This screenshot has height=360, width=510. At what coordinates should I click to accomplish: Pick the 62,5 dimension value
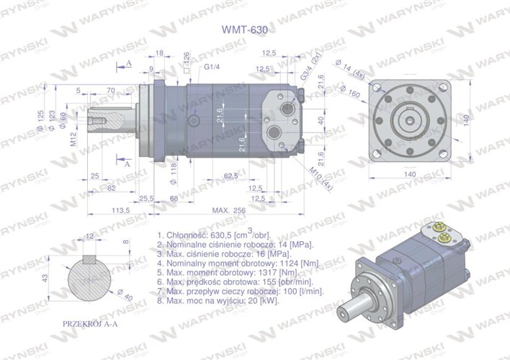pyautogui.click(x=231, y=175)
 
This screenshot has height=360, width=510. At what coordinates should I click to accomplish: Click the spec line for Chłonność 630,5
pyautogui.click(x=212, y=235)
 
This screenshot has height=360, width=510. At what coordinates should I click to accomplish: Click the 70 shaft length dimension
pyautogui.click(x=110, y=89)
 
